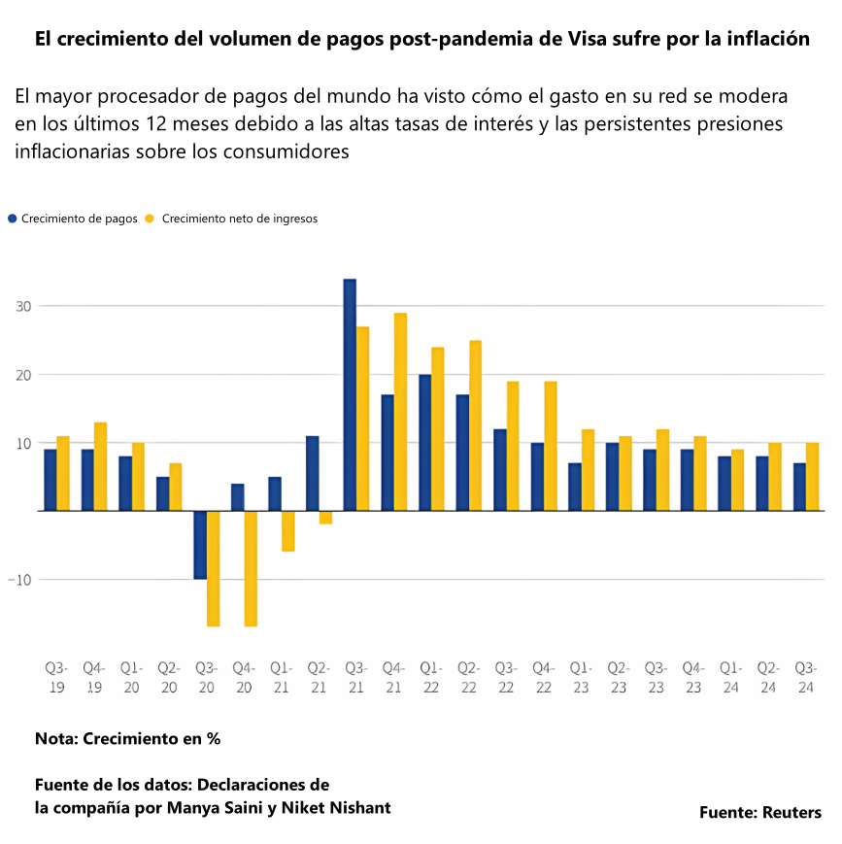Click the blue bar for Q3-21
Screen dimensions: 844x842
350,395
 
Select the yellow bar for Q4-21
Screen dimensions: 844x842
400,412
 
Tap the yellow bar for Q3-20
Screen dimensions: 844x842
213,568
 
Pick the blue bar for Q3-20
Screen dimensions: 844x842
200,545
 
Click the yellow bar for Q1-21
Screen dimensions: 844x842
287,531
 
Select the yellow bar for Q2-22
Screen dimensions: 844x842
475,425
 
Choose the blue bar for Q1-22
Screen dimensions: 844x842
425,443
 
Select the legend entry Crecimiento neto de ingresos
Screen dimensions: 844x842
239,219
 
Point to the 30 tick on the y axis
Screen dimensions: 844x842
22,307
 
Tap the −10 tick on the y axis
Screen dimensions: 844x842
20,580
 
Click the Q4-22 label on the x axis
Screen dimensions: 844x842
544,677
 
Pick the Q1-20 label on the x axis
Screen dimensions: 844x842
132,677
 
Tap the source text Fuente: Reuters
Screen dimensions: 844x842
759,812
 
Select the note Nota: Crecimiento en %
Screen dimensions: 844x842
127,738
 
